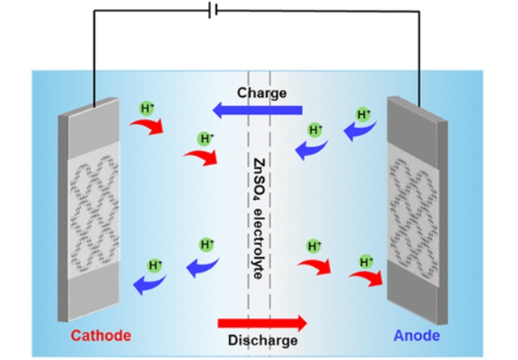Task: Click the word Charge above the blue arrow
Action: point(261,93)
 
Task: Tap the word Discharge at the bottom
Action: point(261,341)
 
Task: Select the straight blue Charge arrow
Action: point(257,109)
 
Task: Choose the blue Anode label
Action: point(416,334)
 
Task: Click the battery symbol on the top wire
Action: point(213,11)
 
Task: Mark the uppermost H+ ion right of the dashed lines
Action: point(364,114)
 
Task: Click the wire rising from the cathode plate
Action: point(96,57)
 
